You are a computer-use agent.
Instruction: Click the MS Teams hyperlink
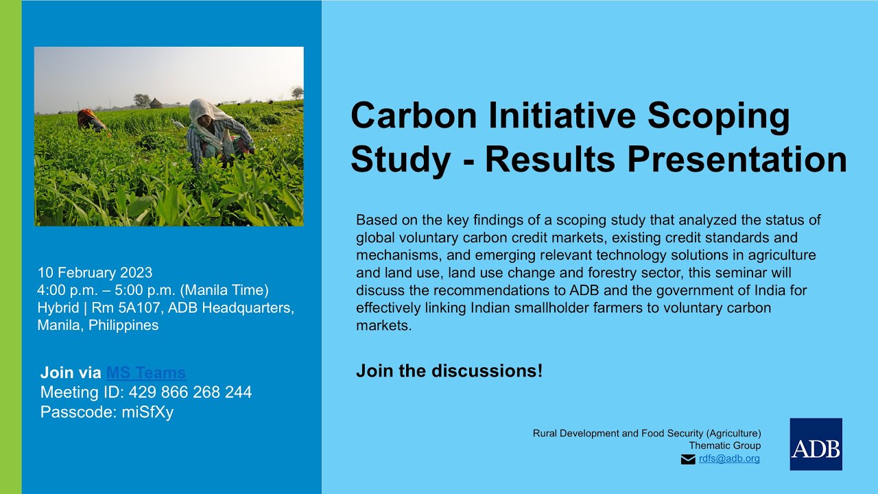point(145,373)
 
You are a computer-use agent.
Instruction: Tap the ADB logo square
point(816,444)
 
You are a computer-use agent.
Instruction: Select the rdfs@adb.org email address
point(729,459)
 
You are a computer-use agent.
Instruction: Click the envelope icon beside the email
point(688,460)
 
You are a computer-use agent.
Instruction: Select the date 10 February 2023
point(95,272)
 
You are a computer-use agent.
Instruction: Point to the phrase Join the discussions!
point(449,372)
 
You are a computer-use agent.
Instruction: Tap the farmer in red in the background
point(89,119)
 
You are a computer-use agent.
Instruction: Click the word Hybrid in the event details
point(58,308)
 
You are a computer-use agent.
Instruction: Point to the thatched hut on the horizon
point(156,103)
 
